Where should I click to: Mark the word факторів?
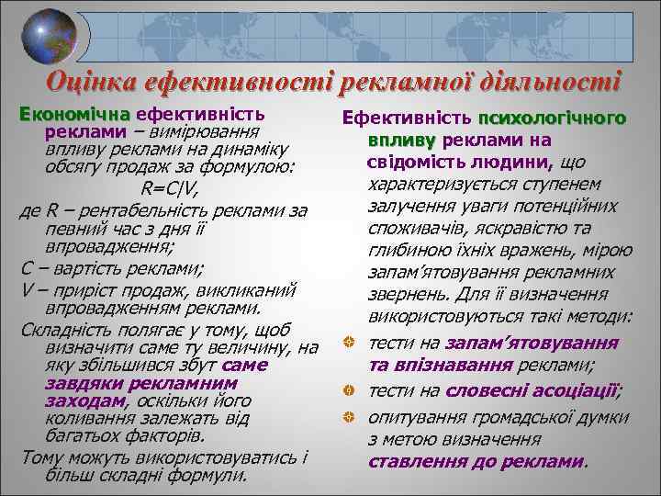[x=192, y=436]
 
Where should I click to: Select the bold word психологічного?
[x=552, y=118]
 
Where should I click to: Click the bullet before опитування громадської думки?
[x=350, y=416]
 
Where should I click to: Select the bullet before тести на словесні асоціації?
[x=350, y=391]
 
